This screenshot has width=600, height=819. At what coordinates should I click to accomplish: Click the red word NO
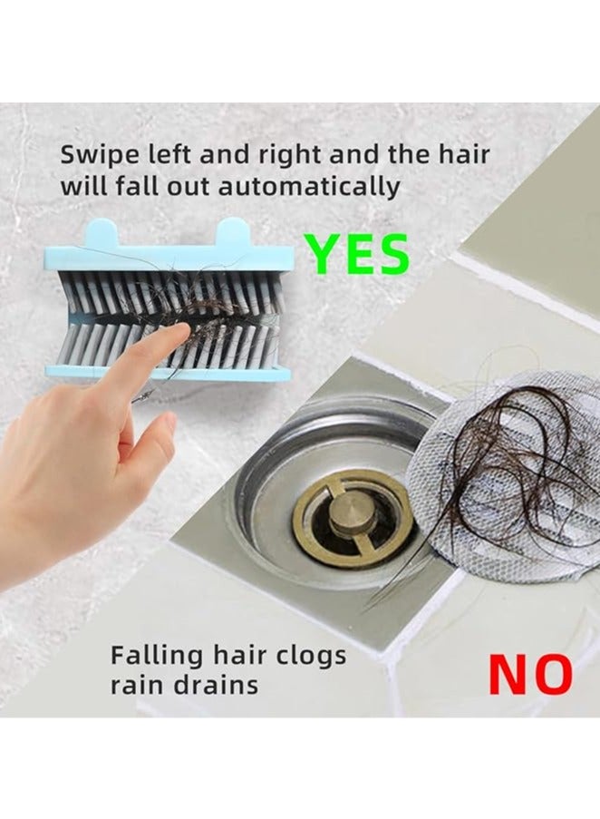(530, 673)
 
